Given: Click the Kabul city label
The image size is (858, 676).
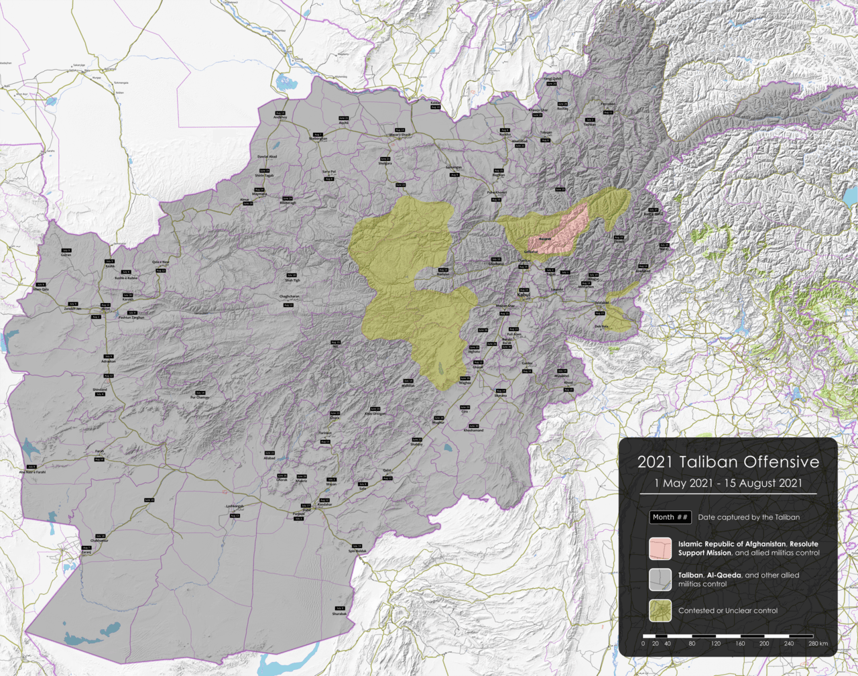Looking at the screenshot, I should pos(524,294).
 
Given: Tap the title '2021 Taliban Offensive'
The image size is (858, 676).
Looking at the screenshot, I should pos(728,462).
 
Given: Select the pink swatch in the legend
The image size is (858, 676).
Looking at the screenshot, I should pos(660,549).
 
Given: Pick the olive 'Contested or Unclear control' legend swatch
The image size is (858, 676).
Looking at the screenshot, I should pos(660,610).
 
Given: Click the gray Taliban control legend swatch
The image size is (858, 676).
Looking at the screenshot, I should pos(660,579).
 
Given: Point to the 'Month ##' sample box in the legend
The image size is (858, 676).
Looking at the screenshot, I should pos(670,517).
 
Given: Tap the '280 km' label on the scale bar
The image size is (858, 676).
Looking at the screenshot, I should pos(817,644).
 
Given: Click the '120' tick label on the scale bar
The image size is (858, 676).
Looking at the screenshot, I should pos(715,644).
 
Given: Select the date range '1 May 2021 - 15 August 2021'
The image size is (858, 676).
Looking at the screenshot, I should pos(728,484).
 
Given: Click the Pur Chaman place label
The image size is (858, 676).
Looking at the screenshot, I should pos(200,398).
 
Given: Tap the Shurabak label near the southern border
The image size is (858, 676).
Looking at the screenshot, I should pos(340,614).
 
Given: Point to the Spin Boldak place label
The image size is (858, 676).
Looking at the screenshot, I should pos(357,551).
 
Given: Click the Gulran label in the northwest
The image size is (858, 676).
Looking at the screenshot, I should pos(66,255).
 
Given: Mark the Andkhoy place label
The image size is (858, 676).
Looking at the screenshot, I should pos(280,118).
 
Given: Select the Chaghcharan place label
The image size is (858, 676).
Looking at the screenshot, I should pos(289,296).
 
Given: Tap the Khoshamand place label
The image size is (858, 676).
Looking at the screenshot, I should pos(473,431).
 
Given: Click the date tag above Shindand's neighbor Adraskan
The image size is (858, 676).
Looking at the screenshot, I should pos(109,356).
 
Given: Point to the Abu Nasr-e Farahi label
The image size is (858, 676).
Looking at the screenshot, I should pos(32,471).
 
